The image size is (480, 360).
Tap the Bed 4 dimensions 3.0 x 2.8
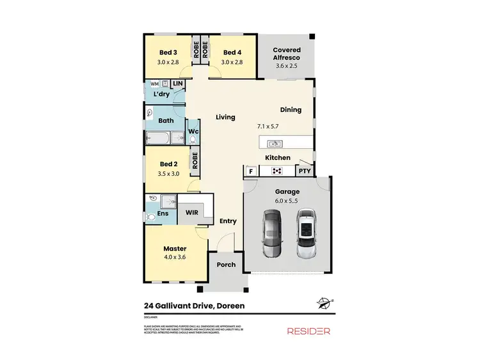point(232,63)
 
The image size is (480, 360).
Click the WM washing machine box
point(154,84)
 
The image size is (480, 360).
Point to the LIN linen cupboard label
point(177,84)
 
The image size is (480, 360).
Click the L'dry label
point(161,95)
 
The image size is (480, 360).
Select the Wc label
point(193,131)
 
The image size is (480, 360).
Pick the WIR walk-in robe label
point(191,212)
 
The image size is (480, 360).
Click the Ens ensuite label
point(163,213)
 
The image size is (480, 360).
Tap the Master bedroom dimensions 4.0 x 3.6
point(174,258)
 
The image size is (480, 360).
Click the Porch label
point(226,264)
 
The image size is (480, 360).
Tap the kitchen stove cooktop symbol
point(278,171)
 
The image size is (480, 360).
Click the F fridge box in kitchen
point(250,171)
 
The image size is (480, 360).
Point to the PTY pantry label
point(305,171)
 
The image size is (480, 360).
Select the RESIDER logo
point(308,331)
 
